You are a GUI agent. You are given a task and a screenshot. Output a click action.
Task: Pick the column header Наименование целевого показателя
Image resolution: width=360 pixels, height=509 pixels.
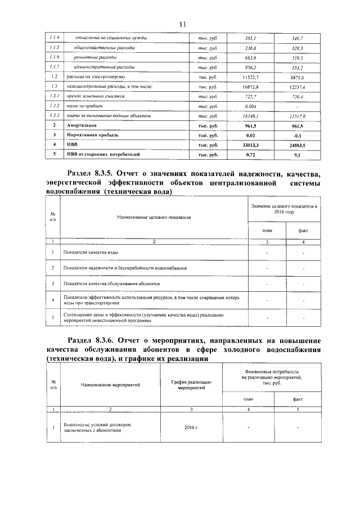pyautogui.click(x=154, y=217)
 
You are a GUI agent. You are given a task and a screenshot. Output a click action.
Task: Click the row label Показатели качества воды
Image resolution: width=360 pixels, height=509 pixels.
pyautogui.click(x=91, y=253)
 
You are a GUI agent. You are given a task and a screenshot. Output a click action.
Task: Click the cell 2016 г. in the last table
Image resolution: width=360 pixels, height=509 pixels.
pyautogui.click(x=191, y=428)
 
